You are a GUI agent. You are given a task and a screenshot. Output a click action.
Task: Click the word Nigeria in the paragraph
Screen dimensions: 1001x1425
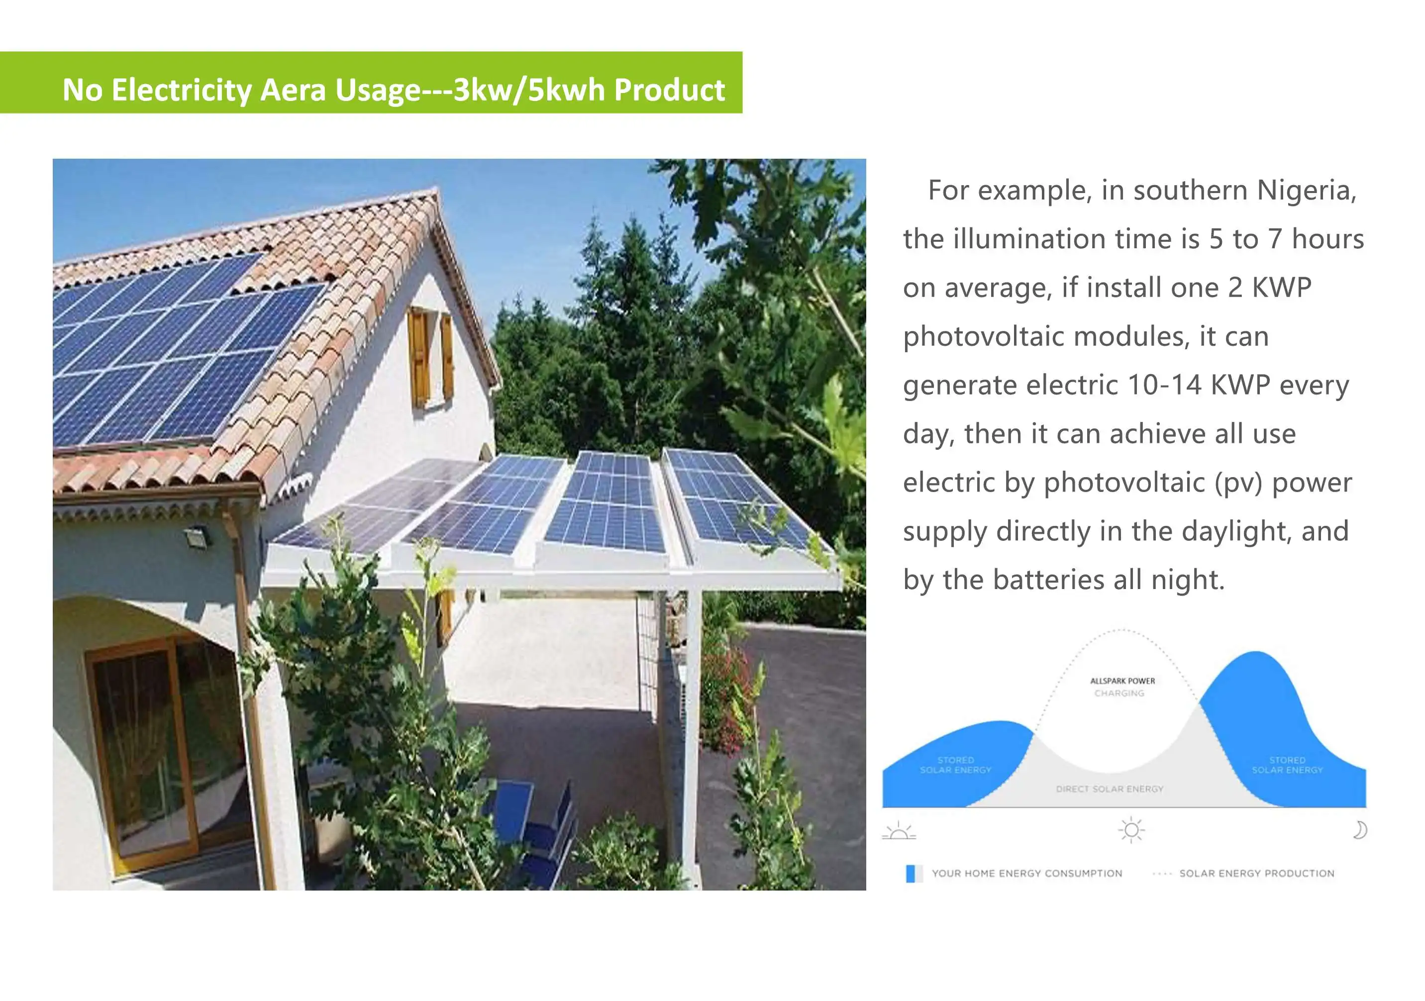[x=1306, y=191]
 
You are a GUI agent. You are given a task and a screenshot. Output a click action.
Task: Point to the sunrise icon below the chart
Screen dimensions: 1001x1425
[x=899, y=831]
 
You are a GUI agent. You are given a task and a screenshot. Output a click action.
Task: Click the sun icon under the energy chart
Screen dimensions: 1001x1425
[x=1131, y=830]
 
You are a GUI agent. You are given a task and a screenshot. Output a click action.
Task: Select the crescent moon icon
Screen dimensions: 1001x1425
[x=1359, y=830]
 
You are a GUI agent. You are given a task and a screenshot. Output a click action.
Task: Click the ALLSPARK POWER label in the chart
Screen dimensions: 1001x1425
[x=1122, y=681]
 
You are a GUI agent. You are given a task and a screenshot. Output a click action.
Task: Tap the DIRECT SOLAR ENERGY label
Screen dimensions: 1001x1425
[x=1109, y=789]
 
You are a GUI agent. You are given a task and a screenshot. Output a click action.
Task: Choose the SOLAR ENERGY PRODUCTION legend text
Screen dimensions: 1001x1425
[x=1256, y=873]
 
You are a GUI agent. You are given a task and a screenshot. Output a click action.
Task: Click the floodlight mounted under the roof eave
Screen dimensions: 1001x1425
[x=198, y=535]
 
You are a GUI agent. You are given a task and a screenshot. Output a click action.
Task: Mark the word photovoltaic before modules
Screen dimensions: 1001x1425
[x=984, y=337]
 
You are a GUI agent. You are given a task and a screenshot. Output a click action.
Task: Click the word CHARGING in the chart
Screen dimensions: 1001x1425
[x=1119, y=693]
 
